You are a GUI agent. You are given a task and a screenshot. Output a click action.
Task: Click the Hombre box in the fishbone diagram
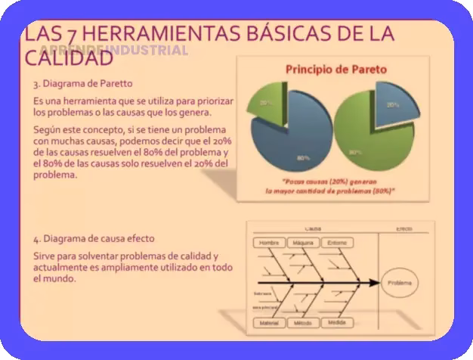[267, 243]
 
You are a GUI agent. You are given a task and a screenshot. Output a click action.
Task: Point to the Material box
[268, 323]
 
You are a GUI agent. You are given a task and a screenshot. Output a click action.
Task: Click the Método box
[302, 323]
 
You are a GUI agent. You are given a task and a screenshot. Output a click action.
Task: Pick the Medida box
[337, 322]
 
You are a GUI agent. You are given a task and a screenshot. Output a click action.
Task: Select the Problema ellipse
[400, 284]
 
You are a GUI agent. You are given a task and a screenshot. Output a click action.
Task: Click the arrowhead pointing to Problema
[372, 284]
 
